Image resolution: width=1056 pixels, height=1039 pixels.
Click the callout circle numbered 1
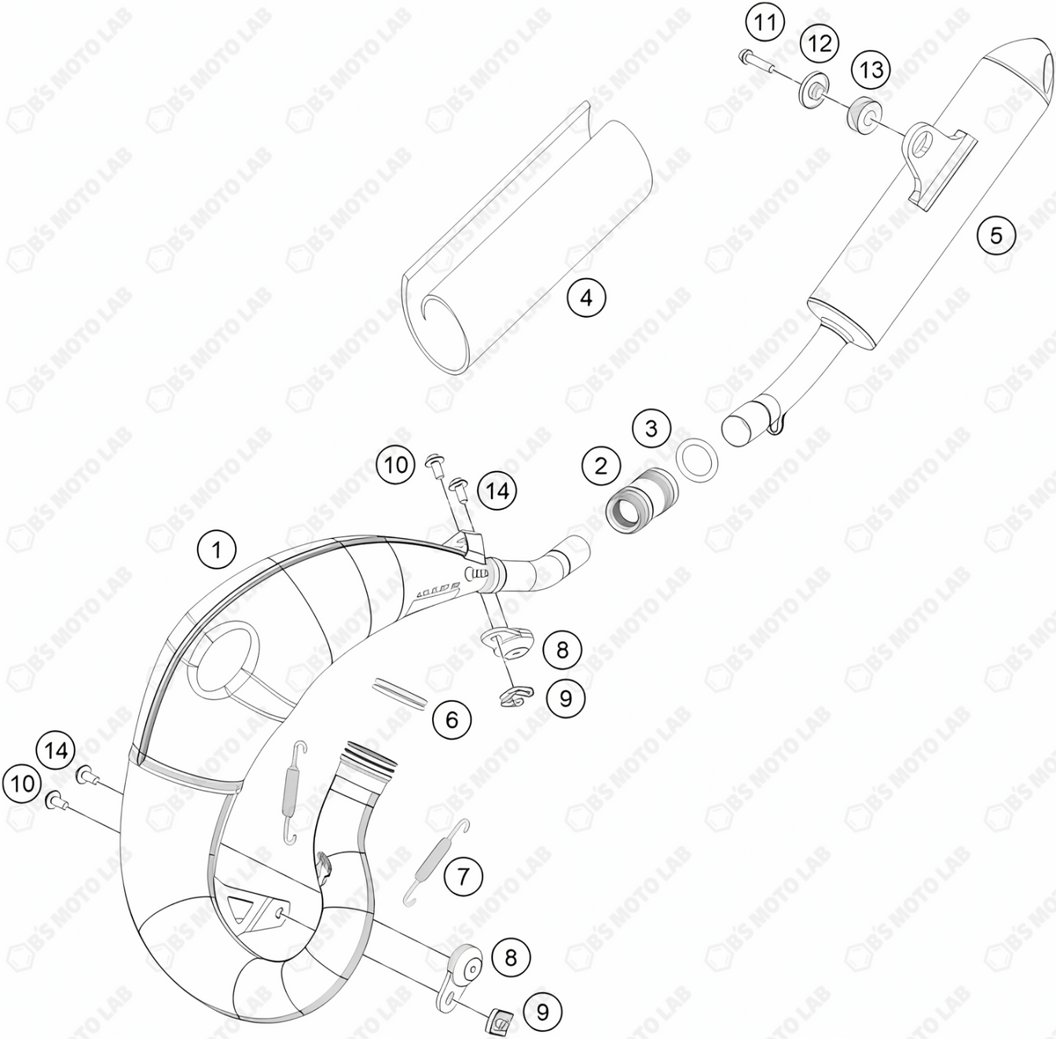(x=216, y=552)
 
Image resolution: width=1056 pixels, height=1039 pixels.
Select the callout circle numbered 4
(x=586, y=298)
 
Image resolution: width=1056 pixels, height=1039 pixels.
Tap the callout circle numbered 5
(x=996, y=235)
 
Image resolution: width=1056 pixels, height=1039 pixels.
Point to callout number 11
(x=766, y=21)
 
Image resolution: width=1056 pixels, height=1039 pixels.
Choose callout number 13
(x=871, y=70)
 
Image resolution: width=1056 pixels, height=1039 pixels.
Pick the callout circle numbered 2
(x=601, y=466)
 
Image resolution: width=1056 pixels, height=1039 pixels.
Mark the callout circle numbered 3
(x=651, y=430)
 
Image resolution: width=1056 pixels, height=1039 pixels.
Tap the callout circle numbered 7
(x=463, y=876)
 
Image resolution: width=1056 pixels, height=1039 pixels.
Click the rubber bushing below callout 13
(x=862, y=114)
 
